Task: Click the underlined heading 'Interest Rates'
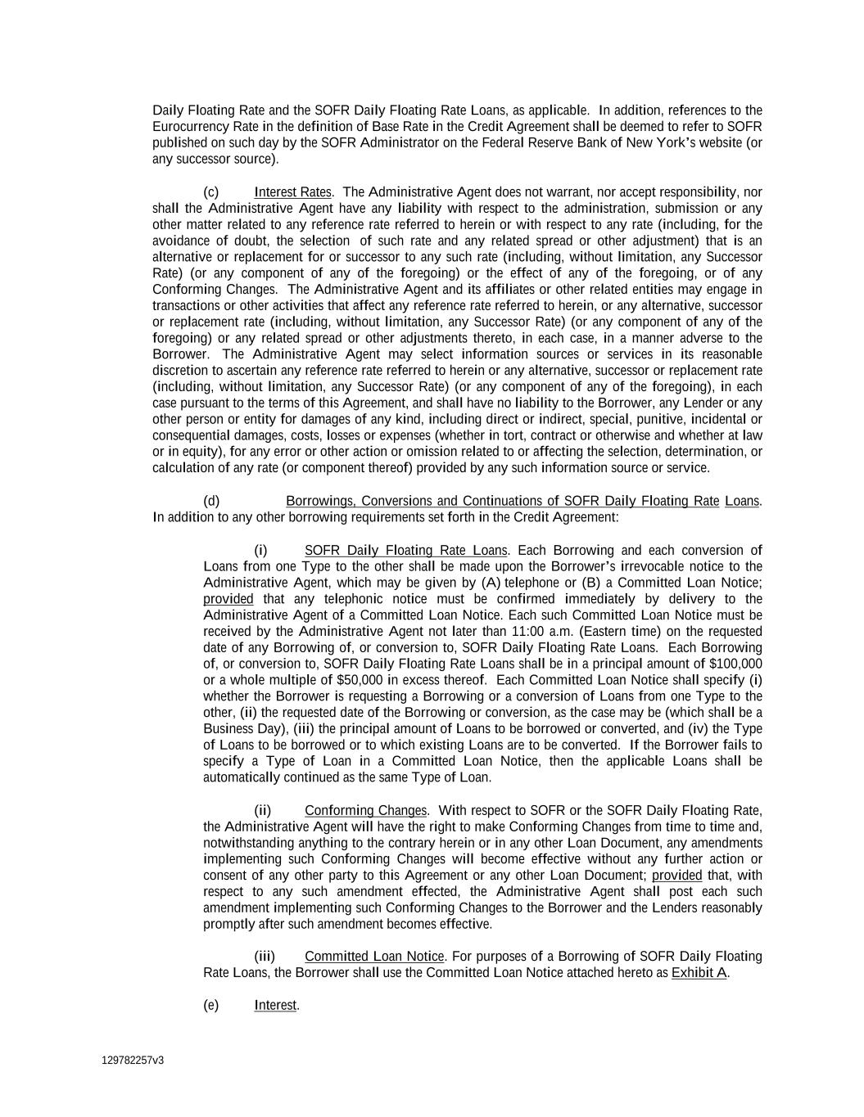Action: click(292, 192)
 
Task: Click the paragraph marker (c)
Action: click(210, 192)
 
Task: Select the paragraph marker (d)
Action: click(210, 501)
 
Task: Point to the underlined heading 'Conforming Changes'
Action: click(365, 811)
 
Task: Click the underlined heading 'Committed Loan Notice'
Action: click(374, 957)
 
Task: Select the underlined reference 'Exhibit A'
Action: click(699, 973)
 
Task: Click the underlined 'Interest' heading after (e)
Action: click(275, 1005)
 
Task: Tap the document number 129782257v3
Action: click(133, 1061)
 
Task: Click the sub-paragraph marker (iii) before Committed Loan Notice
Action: click(265, 957)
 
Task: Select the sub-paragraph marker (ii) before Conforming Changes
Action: click(262, 811)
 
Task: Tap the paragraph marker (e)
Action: click(210, 1005)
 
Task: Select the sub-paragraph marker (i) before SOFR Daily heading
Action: click(260, 551)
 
